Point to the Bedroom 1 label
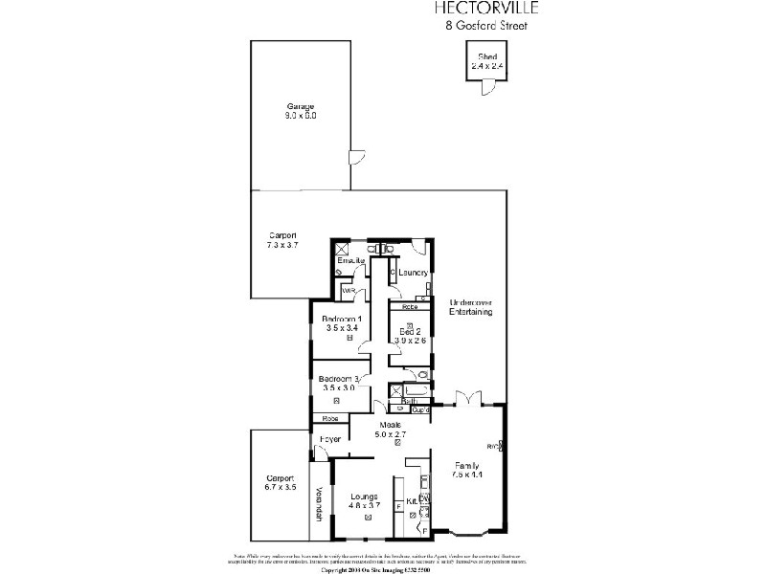341,319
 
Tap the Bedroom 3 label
341,379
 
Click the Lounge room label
367,497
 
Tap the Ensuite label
351,260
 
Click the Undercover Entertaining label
471,307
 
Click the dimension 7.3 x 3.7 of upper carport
282,246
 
